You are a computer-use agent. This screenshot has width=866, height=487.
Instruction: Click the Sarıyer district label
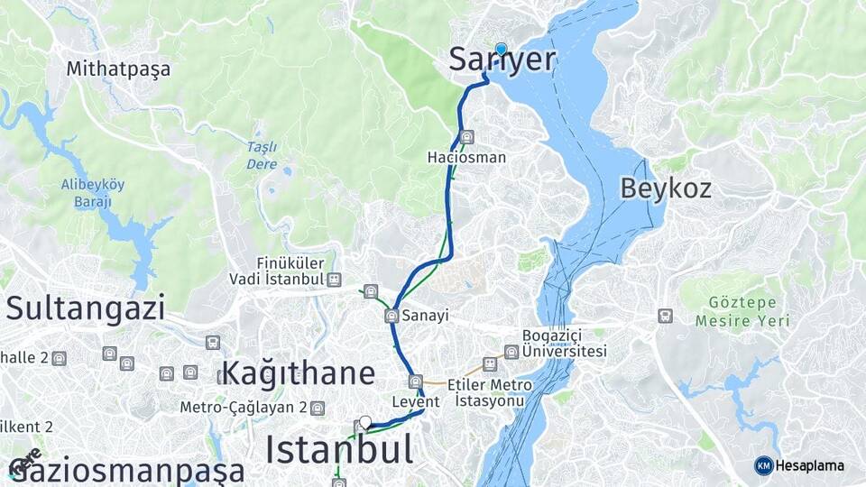point(502,60)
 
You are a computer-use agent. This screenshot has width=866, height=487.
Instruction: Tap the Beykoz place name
point(666,188)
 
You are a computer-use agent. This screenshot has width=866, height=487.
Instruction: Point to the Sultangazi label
point(86,308)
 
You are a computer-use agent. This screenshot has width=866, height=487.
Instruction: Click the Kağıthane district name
point(298,372)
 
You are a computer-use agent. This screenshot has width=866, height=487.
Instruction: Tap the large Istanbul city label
point(339,449)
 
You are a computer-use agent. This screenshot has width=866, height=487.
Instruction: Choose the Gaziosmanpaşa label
point(126,471)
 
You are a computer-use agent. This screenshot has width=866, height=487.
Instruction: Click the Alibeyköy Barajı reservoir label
point(92,193)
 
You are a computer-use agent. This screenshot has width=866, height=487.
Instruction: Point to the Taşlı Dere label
point(262,155)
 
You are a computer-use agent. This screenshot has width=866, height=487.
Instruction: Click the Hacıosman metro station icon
point(466,137)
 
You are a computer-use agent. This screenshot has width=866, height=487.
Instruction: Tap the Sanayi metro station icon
point(392,316)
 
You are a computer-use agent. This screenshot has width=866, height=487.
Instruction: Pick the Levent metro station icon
point(415,381)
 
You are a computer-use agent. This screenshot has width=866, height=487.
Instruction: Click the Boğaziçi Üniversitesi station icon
point(511,352)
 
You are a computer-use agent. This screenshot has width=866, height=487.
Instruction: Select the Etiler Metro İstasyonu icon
point(490,363)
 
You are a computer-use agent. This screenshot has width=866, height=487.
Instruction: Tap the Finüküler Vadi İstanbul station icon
point(335,280)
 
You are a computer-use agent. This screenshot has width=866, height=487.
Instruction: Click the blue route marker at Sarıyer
point(501,49)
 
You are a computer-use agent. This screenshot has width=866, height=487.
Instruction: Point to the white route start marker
point(365,421)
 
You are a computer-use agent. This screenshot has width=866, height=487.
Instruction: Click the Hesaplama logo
point(799,465)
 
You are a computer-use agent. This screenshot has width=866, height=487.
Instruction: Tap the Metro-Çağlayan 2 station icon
point(317,408)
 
